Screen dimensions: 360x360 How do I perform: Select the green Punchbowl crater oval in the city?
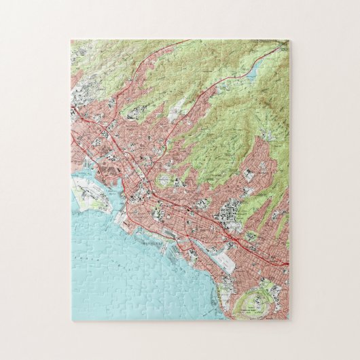coord(165,180)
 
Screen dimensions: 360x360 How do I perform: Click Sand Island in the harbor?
coord(95,202)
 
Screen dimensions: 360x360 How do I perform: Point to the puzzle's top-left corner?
coord(71,40)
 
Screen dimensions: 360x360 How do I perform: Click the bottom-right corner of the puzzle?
coord(289,320)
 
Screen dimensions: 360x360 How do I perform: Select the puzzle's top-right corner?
coord(289,40)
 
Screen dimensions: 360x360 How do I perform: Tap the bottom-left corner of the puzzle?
coord(71,320)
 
